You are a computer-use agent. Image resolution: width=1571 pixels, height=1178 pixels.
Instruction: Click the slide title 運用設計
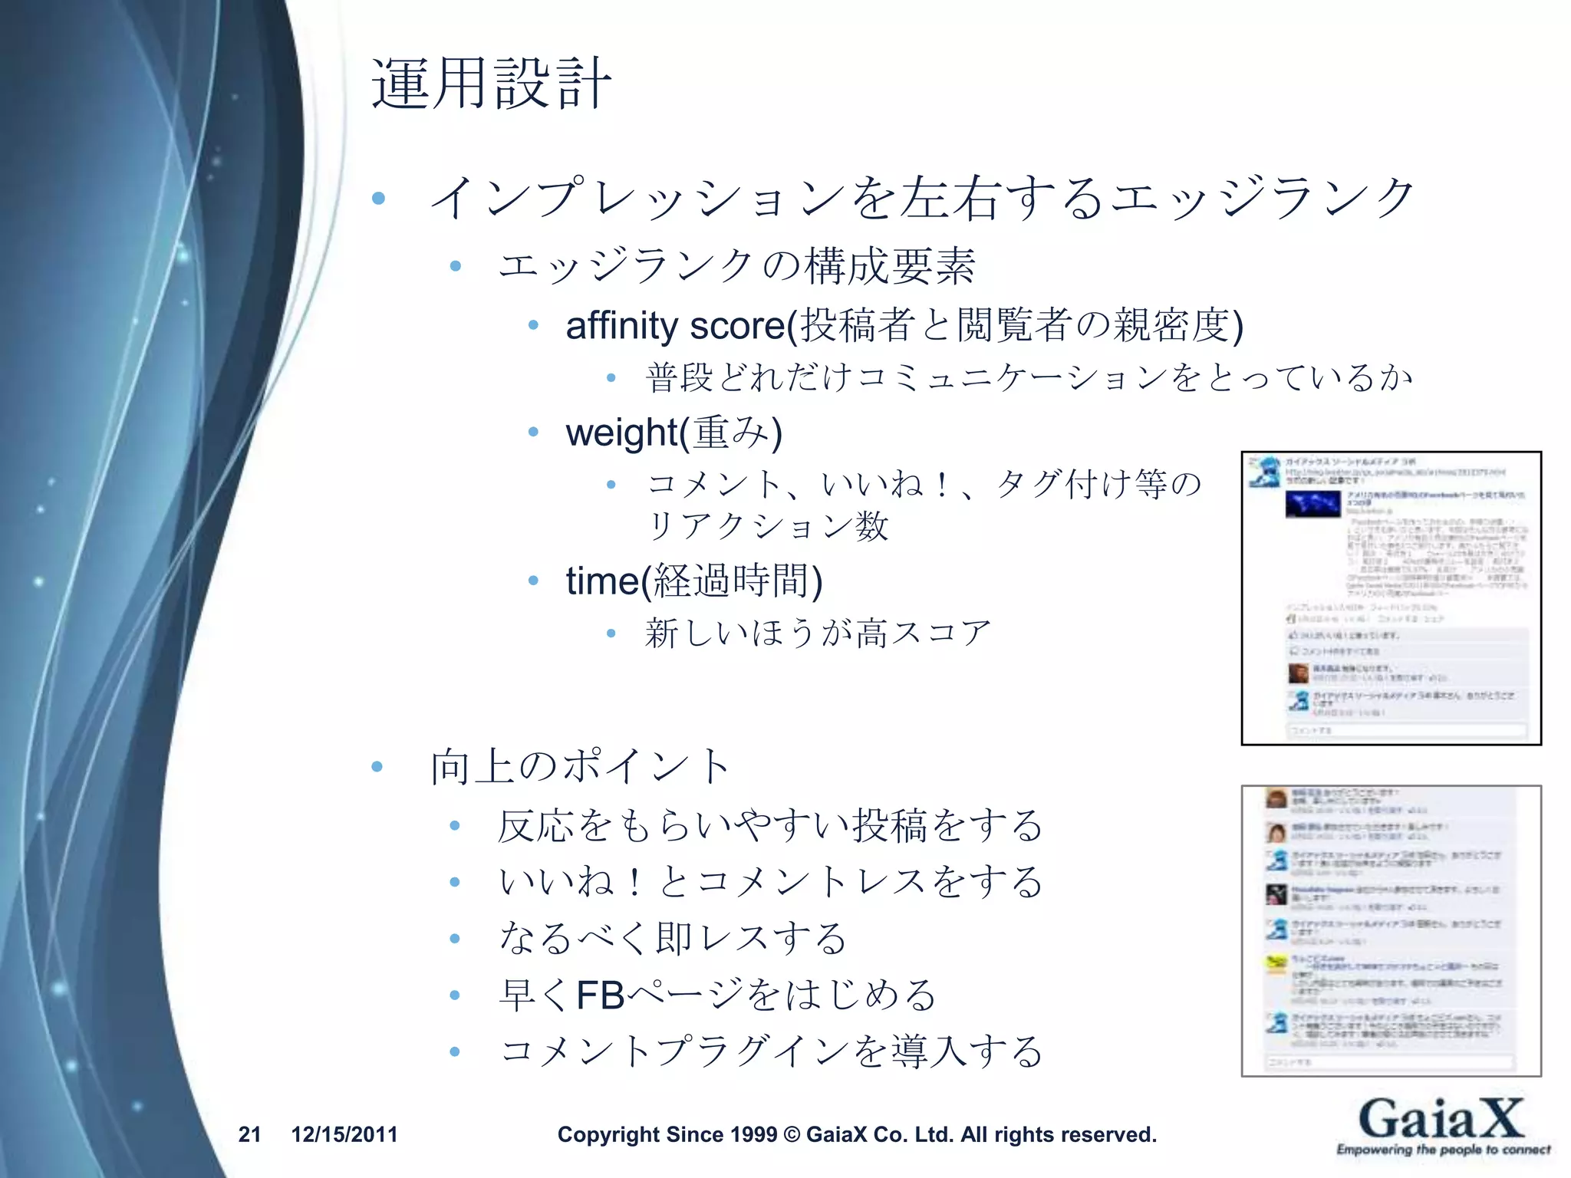pos(491,83)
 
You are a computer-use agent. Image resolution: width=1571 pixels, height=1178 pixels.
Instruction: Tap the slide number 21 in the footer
pos(250,1134)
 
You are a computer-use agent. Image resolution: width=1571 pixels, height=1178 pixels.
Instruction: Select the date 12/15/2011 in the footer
pos(344,1134)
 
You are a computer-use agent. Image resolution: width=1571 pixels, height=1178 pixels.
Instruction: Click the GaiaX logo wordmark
pos(1441,1118)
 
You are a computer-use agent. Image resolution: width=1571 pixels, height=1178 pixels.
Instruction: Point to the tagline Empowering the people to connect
pos(1443,1150)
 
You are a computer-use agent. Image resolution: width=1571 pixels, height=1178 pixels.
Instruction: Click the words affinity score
pos(675,325)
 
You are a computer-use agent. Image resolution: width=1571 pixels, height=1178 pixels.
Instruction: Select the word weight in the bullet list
pos(621,433)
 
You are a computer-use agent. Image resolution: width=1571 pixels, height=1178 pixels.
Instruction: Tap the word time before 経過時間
pos(602,581)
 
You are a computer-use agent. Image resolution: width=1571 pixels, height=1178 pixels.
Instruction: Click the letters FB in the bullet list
pos(601,995)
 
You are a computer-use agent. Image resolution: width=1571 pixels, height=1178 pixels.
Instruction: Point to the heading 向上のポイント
pos(580,766)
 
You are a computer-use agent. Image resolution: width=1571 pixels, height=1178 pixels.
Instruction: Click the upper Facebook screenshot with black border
pos(1391,598)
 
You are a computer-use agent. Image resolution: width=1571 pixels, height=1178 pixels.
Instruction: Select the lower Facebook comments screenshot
pos(1391,930)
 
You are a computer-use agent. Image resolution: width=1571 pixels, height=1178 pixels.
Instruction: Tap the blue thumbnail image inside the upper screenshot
pos(1312,505)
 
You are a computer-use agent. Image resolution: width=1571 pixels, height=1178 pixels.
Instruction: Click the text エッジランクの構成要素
pos(736,266)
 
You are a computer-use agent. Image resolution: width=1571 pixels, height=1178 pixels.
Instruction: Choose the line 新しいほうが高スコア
pos(818,633)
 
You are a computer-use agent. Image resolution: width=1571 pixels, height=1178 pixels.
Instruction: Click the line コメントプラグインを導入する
pos(770,1051)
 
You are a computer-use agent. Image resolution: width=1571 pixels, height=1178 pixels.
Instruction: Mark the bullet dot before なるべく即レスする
pos(455,939)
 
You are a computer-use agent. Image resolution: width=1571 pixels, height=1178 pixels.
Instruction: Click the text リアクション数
pos(768,526)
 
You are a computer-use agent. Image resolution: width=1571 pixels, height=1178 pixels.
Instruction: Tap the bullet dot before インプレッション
pos(378,199)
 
